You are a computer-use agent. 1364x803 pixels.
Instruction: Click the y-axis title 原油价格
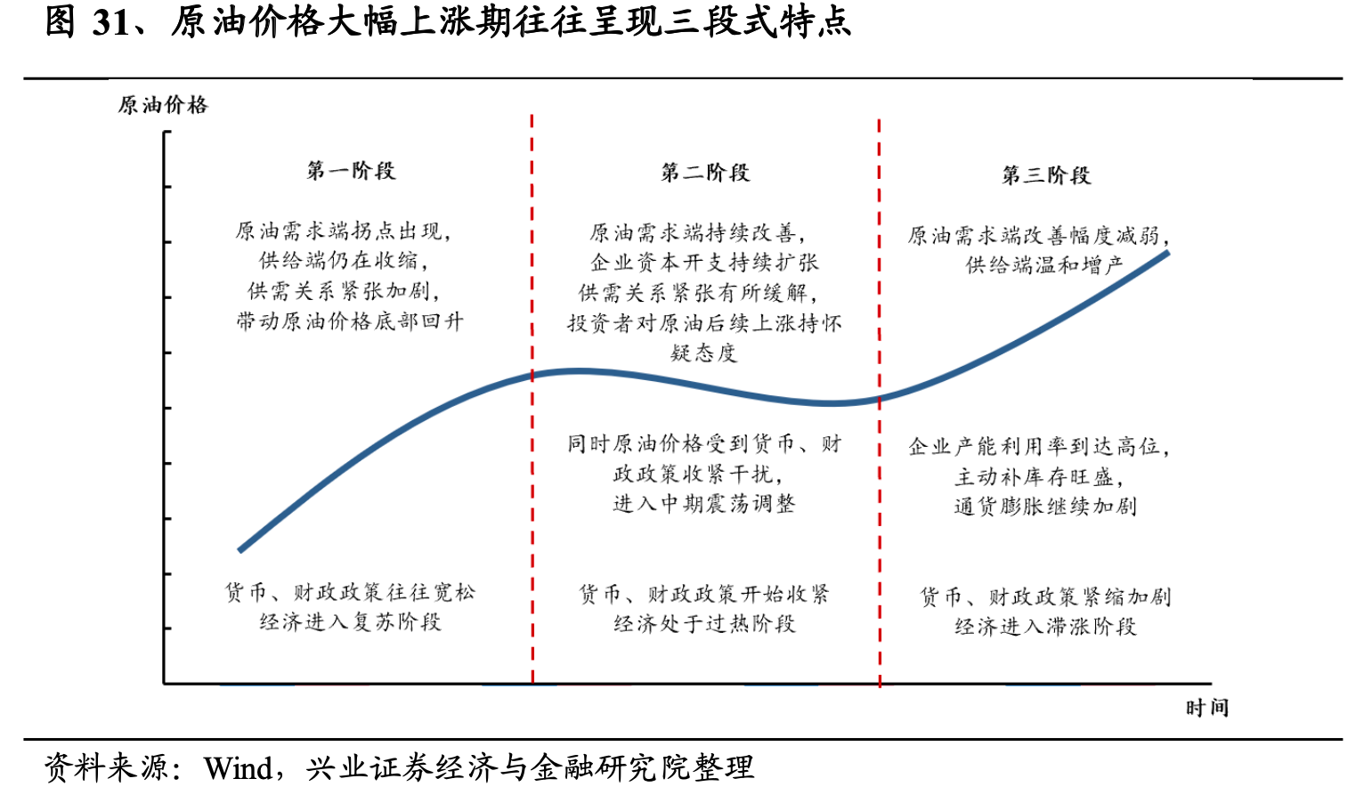coord(163,105)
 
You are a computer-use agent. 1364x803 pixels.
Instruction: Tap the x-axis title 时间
coord(1207,708)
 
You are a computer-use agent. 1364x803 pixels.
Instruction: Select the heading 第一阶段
coord(352,170)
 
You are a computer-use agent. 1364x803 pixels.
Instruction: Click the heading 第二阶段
coord(705,173)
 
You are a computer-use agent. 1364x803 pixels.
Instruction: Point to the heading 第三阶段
coord(1046,175)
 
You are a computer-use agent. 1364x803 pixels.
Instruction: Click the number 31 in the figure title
coord(110,22)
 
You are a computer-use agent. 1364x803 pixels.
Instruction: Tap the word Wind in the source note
coord(238,768)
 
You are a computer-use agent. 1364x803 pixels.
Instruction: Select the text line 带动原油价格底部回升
coord(350,321)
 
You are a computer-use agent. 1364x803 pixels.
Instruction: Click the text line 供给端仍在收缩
coord(343,261)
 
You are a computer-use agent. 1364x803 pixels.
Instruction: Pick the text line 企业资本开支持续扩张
coord(704,263)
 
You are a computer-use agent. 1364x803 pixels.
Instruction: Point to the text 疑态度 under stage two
coord(704,353)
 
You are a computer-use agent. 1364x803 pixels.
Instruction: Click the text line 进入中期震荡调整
coord(704,504)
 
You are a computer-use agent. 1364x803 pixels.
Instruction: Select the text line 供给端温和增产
coord(1044,264)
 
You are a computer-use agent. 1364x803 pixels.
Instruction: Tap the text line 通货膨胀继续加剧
coord(1045,507)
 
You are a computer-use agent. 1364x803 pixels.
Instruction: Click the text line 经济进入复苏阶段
coord(350,622)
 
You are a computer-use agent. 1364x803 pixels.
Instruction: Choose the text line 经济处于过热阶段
coord(704,624)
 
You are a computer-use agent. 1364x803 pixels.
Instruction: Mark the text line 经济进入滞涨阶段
coord(1045,627)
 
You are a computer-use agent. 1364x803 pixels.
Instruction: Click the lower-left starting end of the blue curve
coord(240,550)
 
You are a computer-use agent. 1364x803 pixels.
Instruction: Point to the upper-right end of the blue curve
coord(1168,253)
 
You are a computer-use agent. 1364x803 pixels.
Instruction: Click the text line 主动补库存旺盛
coord(1039,476)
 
